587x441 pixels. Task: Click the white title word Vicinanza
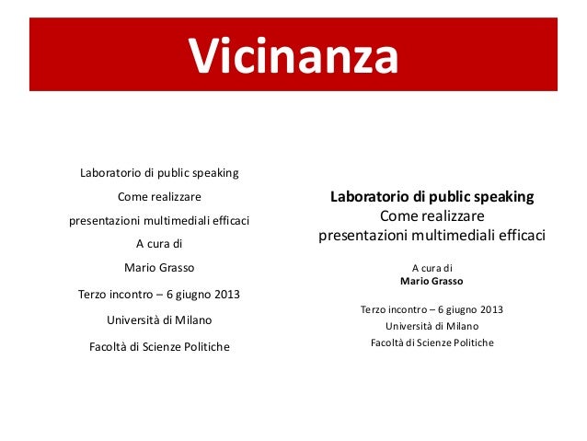coord(293,56)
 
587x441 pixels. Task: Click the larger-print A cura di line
coord(159,244)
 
